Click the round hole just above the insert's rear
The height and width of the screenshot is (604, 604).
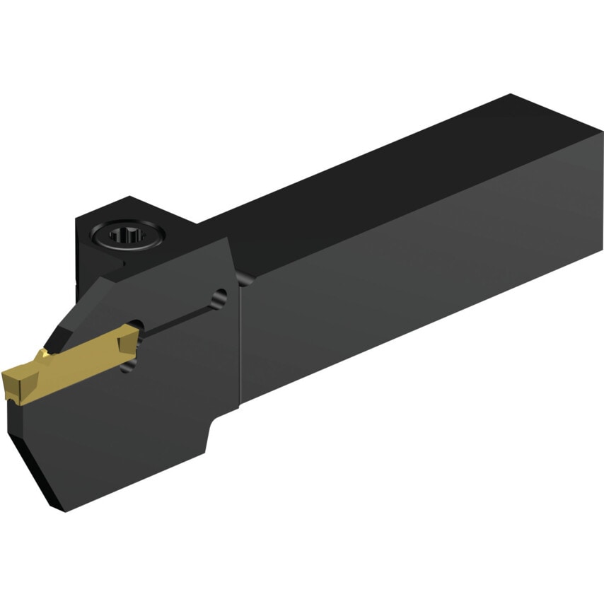137,327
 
